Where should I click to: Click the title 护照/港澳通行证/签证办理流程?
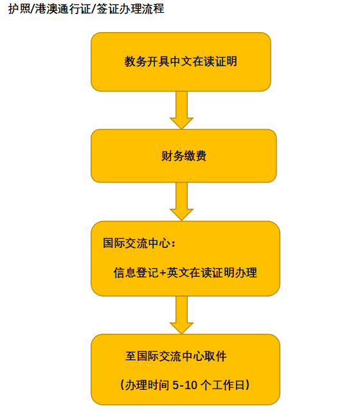point(86,8)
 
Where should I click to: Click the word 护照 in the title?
point(19,8)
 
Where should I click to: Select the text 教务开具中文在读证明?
point(181,62)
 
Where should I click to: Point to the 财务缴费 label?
point(184,156)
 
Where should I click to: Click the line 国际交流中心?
point(139,243)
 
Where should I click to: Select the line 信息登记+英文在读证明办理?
point(185,272)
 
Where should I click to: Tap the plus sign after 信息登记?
point(163,273)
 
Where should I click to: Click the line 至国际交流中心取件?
point(175,356)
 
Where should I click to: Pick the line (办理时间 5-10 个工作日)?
point(185,385)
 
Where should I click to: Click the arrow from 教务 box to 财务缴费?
point(181,110)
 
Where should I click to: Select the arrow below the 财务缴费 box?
point(181,202)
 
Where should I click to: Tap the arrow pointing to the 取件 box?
point(181,315)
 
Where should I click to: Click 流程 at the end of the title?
point(153,8)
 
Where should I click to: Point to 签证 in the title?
point(108,8)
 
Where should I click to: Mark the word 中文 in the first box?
point(181,62)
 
